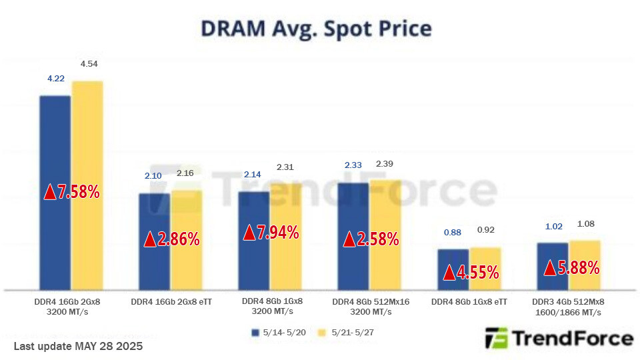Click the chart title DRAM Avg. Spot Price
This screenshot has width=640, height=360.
[x=316, y=29]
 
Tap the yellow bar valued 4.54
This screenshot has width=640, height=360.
[x=87, y=133]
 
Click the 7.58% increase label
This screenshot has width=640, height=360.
[x=72, y=193]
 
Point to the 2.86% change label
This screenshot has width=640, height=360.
[x=172, y=239]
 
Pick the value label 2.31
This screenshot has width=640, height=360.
[x=285, y=167]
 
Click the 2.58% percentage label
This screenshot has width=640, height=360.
[x=371, y=239]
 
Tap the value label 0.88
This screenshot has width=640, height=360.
[x=453, y=233]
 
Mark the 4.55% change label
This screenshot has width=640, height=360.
[x=471, y=272]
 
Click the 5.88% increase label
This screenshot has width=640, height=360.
[x=572, y=268]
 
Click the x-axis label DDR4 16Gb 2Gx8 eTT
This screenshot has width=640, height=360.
[x=171, y=302]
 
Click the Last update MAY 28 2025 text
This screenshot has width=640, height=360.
[x=78, y=347]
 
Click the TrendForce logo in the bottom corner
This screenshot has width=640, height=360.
[x=559, y=339]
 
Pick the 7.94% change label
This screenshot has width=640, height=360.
[x=271, y=233]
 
